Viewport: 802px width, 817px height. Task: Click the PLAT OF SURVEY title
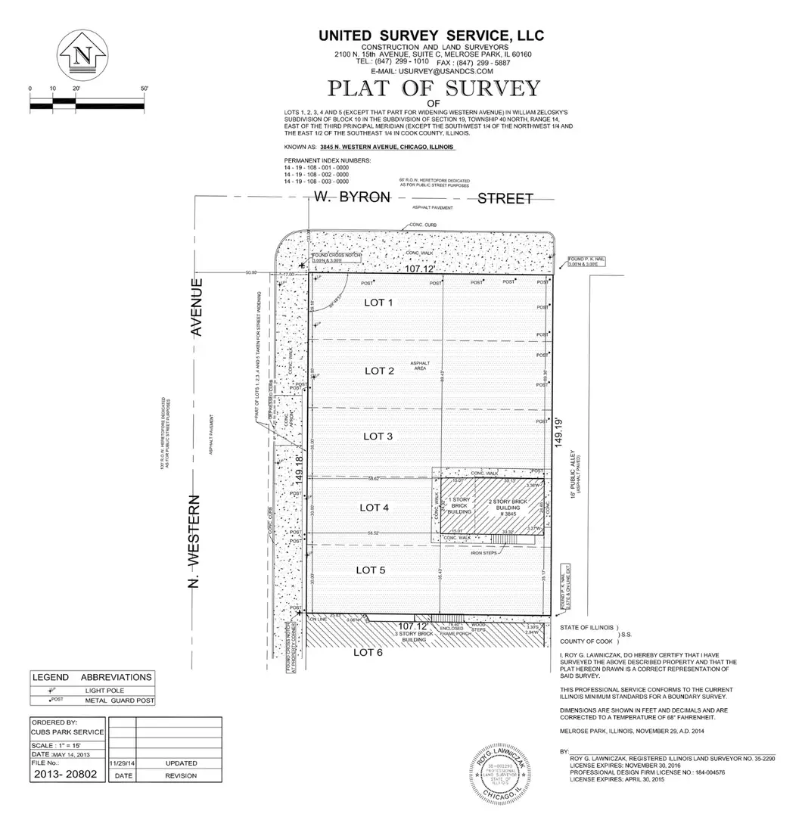pos(434,88)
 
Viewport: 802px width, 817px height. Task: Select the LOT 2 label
pos(380,371)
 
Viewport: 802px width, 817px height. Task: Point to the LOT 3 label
pos(378,436)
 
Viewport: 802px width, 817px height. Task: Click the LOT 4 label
pos(374,507)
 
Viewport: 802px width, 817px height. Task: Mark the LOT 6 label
pos(367,653)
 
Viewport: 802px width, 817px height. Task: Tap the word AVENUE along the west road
pos(198,308)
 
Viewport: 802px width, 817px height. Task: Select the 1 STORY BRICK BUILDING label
pos(460,506)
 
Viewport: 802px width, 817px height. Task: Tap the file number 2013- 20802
pos(67,775)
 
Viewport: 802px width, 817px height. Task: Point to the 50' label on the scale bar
pos(144,89)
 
